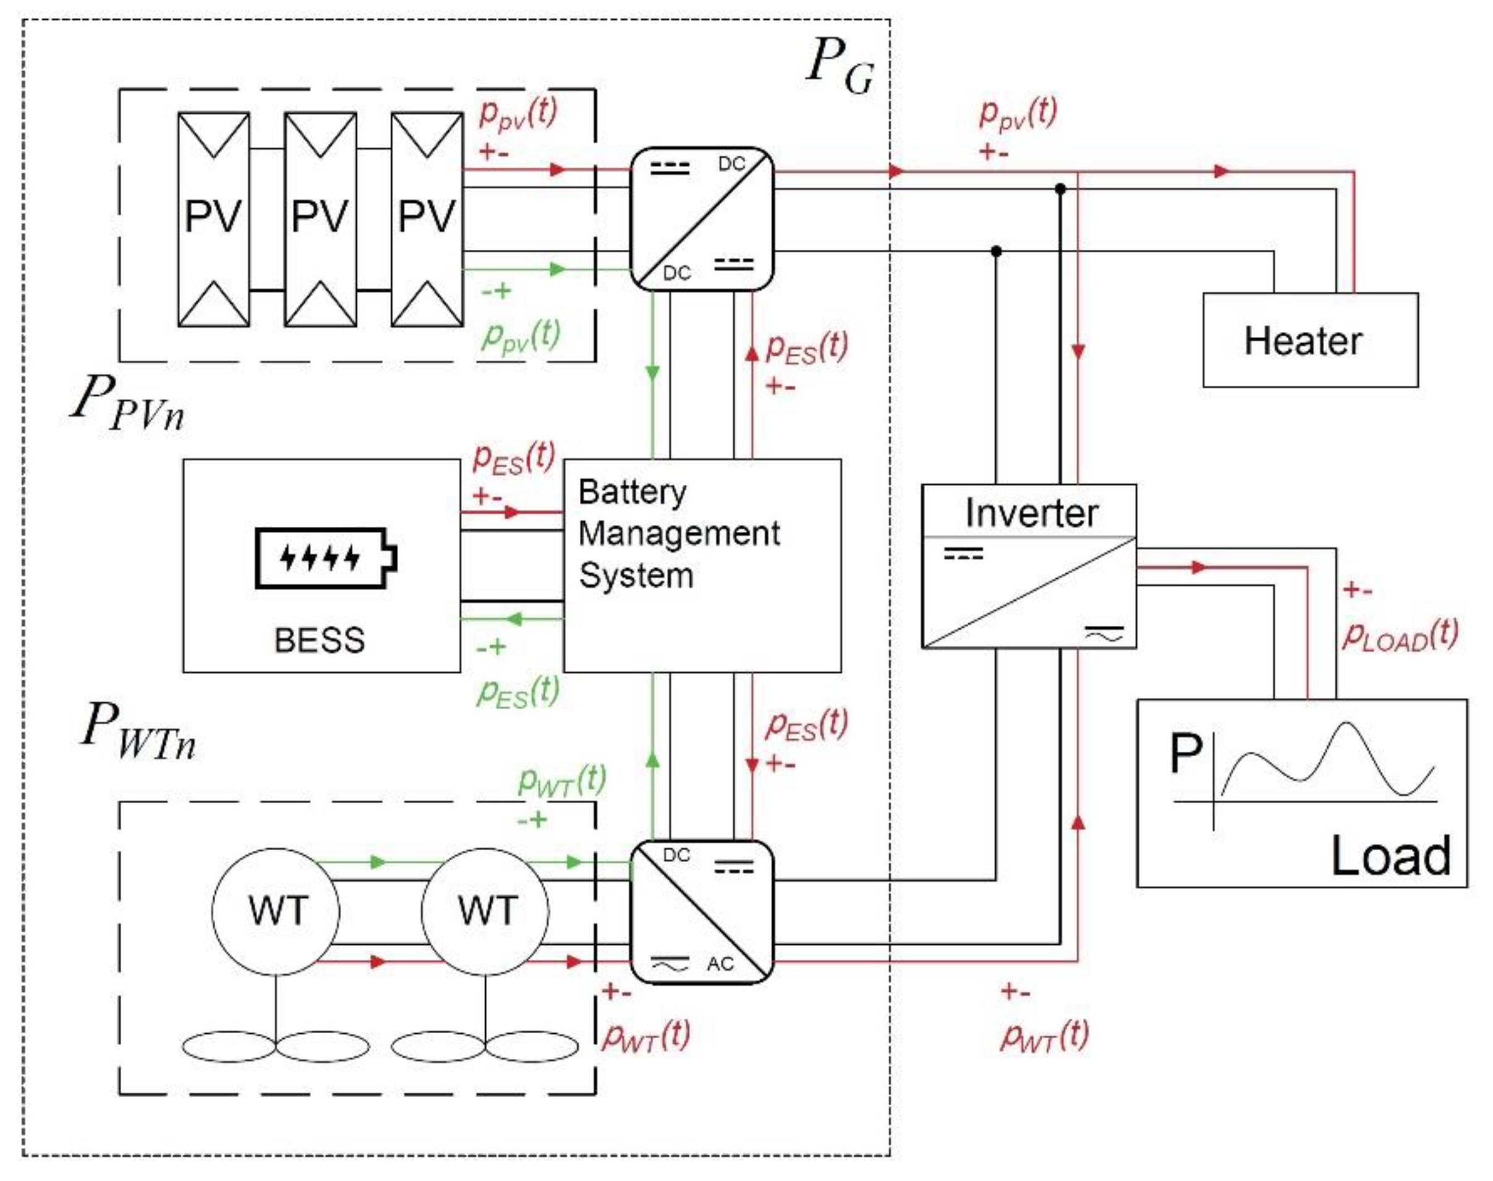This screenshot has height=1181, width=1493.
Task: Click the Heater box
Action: [1309, 340]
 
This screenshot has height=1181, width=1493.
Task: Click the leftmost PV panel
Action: [213, 218]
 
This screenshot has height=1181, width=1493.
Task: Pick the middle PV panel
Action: [320, 218]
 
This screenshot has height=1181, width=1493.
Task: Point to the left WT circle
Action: [276, 911]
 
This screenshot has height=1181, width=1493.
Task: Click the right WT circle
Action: [485, 911]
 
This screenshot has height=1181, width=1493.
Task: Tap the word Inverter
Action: [1031, 513]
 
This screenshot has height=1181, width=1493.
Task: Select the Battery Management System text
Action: [678, 534]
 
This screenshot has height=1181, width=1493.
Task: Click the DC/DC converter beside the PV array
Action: [702, 218]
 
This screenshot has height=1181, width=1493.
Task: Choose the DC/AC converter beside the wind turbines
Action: [702, 911]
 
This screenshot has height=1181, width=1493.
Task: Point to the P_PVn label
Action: [128, 404]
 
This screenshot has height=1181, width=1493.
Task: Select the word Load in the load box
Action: [1390, 856]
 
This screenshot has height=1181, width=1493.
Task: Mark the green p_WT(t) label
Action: [561, 782]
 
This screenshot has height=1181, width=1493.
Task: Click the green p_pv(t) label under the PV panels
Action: [521, 337]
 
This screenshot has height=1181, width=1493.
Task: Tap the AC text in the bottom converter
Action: [720, 964]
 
